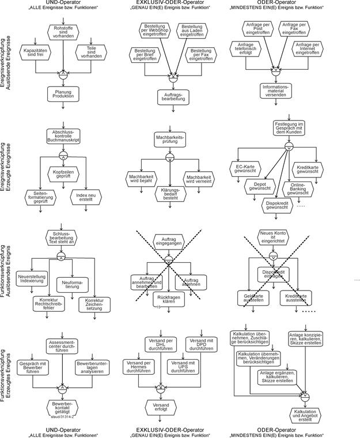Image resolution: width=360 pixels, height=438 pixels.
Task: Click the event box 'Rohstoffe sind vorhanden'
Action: tap(63, 32)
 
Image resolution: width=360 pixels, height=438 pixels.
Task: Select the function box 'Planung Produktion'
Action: tap(63, 94)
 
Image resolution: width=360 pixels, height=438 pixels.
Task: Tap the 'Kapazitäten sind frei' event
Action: tap(36, 54)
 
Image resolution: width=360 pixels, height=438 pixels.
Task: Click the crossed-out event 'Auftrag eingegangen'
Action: tap(168, 240)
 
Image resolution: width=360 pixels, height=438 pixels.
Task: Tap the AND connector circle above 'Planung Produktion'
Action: tap(63, 73)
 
